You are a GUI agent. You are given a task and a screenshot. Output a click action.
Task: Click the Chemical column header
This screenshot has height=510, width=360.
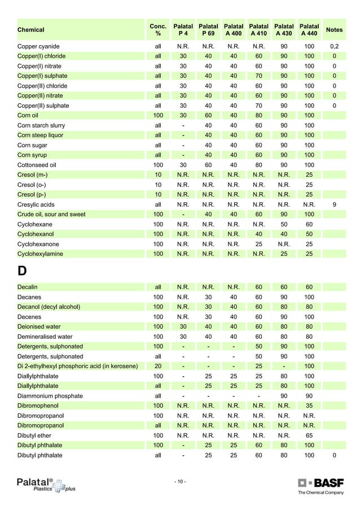(x=31, y=30)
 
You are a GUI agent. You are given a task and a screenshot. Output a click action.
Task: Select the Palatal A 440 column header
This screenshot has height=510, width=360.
(x=309, y=30)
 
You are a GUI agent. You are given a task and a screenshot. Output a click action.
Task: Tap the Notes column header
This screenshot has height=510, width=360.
(x=334, y=30)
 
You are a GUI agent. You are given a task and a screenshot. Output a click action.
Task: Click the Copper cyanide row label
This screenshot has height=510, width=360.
(x=38, y=46)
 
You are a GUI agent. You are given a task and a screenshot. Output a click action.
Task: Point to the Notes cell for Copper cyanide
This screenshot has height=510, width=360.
(x=334, y=46)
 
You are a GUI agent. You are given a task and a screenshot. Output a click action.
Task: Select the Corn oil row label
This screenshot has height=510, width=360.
(x=28, y=115)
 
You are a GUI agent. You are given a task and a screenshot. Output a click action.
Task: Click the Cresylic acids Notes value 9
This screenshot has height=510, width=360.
(x=334, y=204)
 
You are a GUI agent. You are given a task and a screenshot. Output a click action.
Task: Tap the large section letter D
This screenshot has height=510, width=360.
(x=22, y=271)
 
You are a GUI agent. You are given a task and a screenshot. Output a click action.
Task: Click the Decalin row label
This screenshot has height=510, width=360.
(x=28, y=287)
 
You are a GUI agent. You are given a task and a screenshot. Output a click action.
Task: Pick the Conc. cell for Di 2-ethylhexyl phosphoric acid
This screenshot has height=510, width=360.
(x=158, y=366)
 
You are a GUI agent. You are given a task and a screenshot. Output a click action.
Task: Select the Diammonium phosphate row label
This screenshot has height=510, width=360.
(x=50, y=396)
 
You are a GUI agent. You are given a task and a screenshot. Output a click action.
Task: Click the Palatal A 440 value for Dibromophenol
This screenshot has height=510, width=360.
(x=309, y=406)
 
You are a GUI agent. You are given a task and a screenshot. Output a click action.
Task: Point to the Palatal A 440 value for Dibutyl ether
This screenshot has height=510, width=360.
(x=309, y=435)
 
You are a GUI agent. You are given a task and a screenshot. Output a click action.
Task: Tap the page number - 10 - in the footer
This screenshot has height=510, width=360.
(x=181, y=482)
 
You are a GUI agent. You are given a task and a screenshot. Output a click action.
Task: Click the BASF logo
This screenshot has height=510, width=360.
(x=321, y=483)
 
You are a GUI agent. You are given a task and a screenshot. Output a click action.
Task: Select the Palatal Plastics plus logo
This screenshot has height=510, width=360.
(x=45, y=485)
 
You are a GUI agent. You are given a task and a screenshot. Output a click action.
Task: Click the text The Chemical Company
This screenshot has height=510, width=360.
(x=320, y=493)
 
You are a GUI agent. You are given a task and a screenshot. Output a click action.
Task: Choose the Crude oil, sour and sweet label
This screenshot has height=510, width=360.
(x=51, y=215)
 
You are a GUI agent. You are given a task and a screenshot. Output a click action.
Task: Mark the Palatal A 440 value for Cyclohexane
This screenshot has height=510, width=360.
(x=309, y=224)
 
